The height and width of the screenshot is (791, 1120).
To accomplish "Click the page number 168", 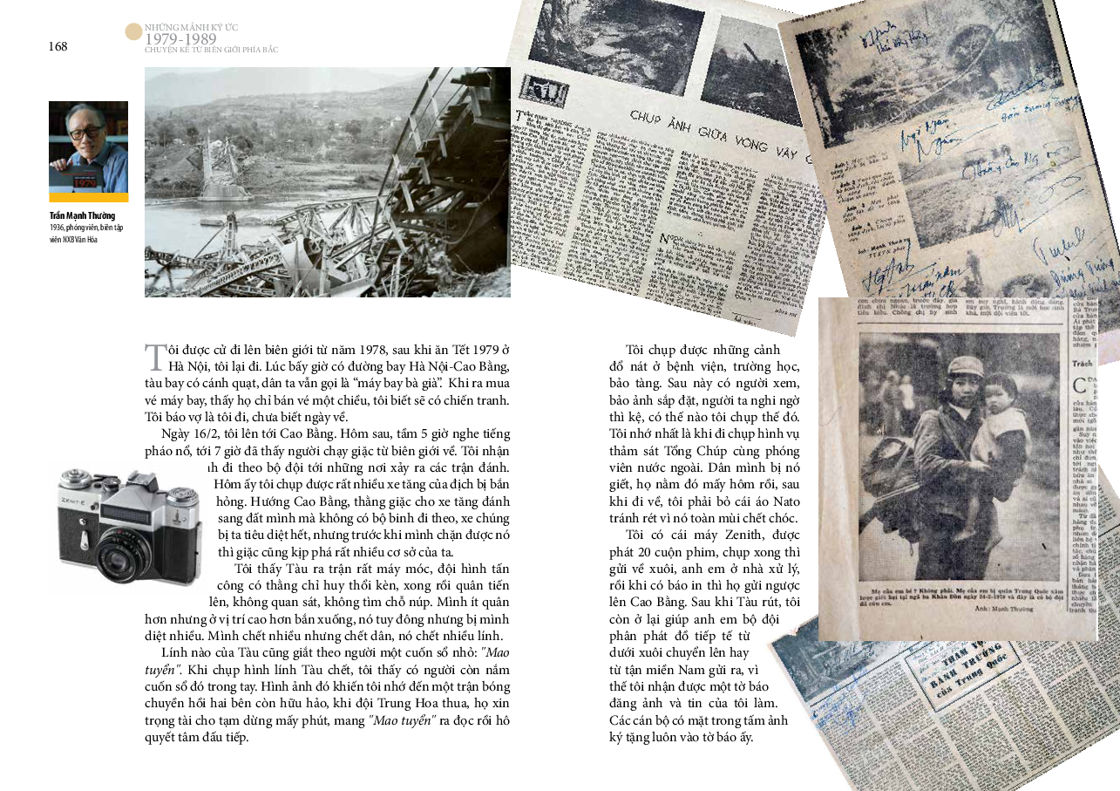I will pyautogui.click(x=58, y=47).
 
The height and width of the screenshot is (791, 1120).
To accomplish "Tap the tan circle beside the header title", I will pyautogui.click(x=133, y=32).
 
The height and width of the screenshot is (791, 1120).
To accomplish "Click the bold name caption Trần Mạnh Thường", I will pyautogui.click(x=82, y=215).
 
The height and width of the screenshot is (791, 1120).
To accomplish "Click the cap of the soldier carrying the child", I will pyautogui.click(x=966, y=367).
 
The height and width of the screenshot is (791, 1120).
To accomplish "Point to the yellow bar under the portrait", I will pyautogui.click(x=88, y=198).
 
